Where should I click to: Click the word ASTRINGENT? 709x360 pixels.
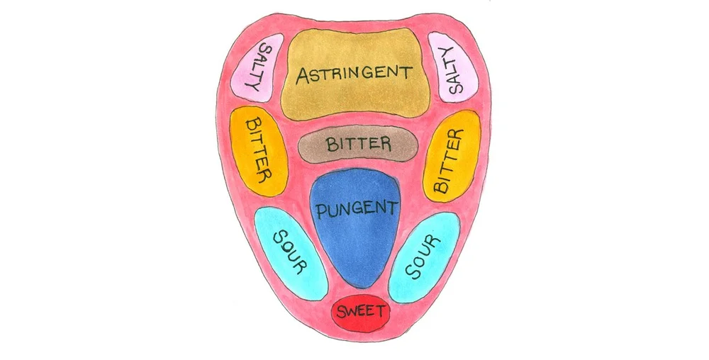(354, 74)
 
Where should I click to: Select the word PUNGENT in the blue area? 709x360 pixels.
(356, 209)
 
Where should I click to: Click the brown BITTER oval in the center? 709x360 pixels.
(358, 145)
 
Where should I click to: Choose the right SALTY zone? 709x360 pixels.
(452, 68)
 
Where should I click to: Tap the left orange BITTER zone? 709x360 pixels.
(258, 150)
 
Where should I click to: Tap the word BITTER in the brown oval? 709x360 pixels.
(358, 144)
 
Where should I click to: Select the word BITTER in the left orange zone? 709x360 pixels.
(258, 150)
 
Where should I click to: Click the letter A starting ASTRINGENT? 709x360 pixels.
(303, 75)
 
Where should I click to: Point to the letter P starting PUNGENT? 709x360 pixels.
(322, 212)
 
